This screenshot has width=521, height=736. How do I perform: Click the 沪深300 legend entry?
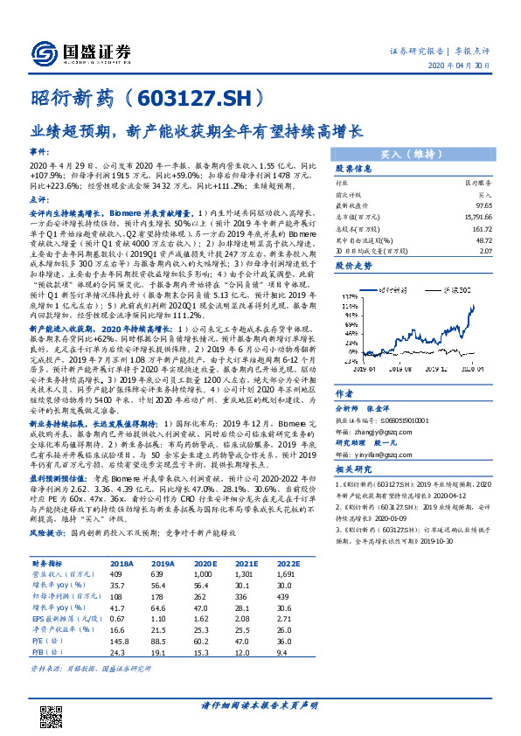pos(461,288)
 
